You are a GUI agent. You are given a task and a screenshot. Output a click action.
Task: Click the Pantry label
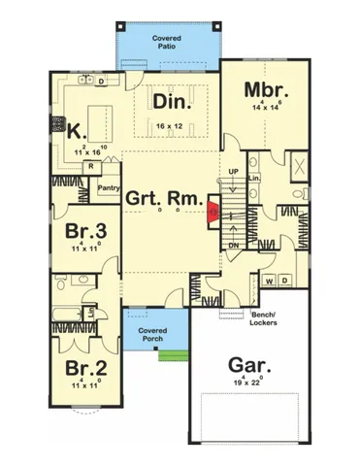pos(108,187)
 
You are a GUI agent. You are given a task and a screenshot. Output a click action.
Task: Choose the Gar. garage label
pos(248,367)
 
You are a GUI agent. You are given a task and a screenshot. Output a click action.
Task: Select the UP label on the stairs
pos(233,172)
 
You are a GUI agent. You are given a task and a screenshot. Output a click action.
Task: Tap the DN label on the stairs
pos(233,246)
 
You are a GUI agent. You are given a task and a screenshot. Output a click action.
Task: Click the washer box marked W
pos(270,282)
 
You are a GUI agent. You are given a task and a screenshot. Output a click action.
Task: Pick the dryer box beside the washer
pos(284,282)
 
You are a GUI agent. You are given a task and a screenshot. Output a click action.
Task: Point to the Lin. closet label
pos(255,179)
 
